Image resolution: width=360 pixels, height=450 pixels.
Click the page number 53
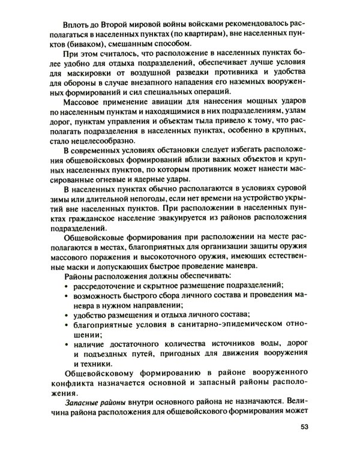tap(303, 428)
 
